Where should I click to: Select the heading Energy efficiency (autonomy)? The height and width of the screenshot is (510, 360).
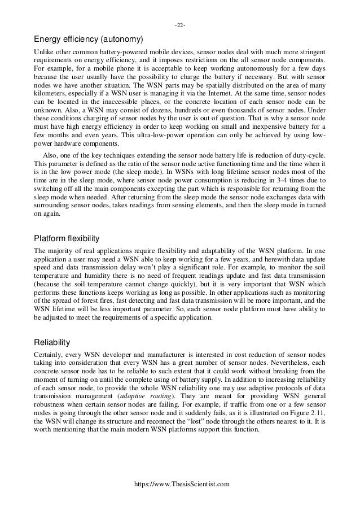(x=89, y=40)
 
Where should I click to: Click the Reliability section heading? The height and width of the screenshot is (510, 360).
(x=52, y=341)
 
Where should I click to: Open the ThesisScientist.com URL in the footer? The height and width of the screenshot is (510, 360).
(x=180, y=484)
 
